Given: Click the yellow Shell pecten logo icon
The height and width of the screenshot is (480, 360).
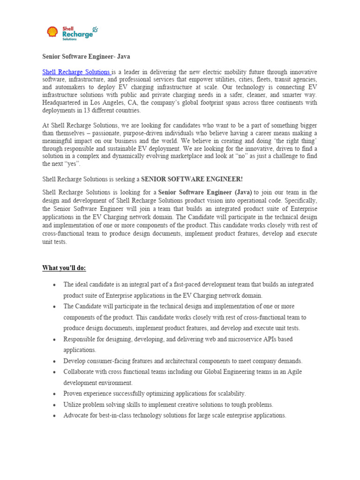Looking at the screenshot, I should coord(52,32).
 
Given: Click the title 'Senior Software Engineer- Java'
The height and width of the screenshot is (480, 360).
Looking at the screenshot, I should coord(86,56).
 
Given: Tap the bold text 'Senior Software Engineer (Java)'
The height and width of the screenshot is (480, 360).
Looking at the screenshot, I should coord(205,193).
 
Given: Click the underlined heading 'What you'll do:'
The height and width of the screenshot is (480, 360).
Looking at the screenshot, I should coord(64,268).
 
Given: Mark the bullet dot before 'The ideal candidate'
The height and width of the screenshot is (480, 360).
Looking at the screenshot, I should coord(55,285).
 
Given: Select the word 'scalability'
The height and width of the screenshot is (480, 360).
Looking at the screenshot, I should coord(228,394).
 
